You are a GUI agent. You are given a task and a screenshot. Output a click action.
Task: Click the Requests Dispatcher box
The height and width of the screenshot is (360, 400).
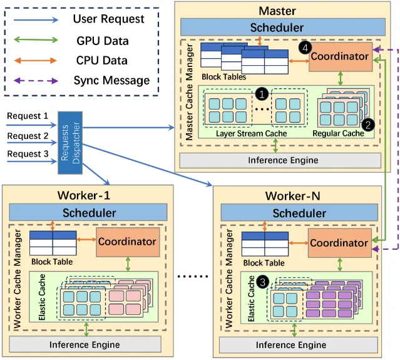click(70, 143)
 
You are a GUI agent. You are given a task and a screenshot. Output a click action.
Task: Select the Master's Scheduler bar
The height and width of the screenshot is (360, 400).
click(283, 27)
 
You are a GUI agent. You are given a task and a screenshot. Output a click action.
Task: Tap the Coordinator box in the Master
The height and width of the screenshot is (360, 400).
click(341, 56)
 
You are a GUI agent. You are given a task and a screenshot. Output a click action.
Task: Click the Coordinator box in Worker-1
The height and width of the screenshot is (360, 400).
click(128, 242)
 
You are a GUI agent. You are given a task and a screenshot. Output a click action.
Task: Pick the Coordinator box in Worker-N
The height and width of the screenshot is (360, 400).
click(340, 243)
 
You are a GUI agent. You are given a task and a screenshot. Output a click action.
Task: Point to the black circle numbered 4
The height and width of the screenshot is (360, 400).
click(305, 48)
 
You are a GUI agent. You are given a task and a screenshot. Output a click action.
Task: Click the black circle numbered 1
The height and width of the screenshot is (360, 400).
click(262, 94)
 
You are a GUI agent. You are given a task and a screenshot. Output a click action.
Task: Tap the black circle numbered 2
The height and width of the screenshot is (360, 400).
click(368, 125)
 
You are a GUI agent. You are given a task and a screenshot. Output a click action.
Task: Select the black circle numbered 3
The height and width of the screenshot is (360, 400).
click(262, 282)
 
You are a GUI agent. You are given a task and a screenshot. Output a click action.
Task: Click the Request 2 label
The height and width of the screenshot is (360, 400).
click(28, 136)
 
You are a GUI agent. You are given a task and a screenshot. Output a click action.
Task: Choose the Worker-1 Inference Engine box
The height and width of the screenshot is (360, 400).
click(85, 344)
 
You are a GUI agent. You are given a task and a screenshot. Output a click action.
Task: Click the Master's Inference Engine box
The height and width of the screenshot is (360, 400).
click(280, 160)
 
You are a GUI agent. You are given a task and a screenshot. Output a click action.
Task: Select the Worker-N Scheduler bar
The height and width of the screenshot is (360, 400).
click(299, 212)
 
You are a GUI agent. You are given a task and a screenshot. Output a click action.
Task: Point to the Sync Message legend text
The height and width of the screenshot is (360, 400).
click(111, 81)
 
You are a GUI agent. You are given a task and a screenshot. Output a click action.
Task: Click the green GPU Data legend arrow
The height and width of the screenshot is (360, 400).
click(36, 40)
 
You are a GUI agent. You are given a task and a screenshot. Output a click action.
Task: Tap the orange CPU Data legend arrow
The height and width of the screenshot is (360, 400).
click(36, 61)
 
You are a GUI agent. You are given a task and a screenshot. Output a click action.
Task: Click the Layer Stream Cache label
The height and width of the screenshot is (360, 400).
click(251, 133)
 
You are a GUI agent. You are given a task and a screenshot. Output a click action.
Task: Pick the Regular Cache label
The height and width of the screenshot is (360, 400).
click(338, 133)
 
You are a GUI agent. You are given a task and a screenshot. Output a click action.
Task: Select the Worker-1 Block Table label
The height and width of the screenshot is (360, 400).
click(52, 262)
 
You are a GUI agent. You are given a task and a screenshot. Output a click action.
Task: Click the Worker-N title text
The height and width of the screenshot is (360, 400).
click(292, 196)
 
